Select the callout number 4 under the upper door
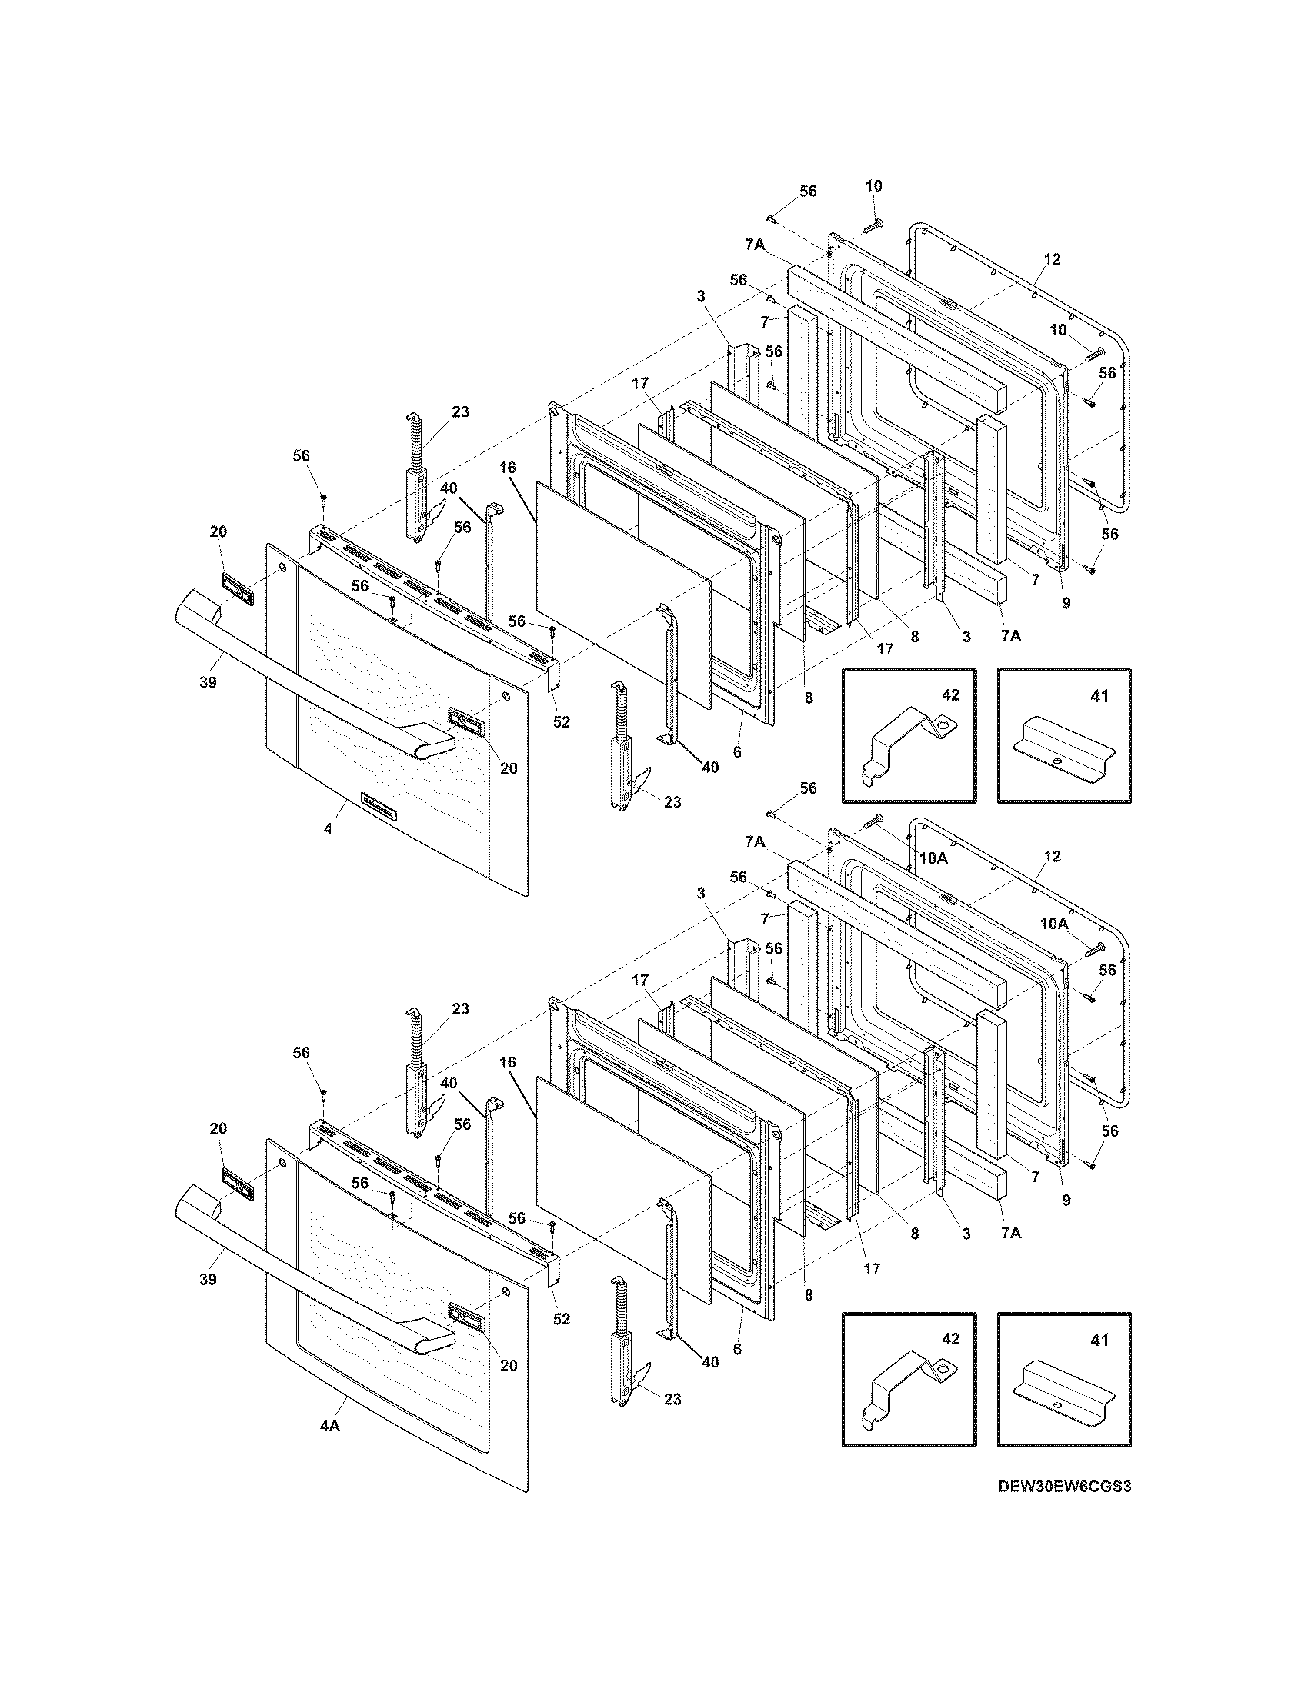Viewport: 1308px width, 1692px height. point(328,829)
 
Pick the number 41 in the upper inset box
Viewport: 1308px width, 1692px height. point(1099,697)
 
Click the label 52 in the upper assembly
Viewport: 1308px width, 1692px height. point(561,722)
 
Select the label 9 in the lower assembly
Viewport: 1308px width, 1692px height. point(1066,1200)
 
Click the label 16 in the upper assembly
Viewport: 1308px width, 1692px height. point(508,466)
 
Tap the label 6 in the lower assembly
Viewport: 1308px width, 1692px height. point(737,1349)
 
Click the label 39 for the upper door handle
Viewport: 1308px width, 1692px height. point(207,681)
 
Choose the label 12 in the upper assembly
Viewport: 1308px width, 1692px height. point(1052,258)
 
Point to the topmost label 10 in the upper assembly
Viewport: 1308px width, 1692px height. point(874,186)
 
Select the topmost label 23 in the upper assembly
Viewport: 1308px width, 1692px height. point(460,411)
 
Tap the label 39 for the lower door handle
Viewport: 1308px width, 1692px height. point(207,1279)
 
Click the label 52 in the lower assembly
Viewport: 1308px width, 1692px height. point(561,1318)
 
